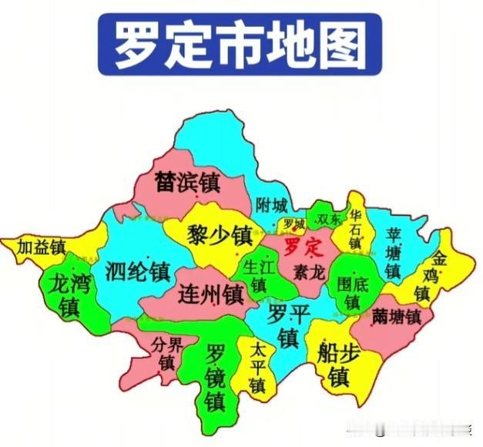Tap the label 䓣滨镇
[187, 182]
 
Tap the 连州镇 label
[210, 294]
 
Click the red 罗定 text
[301, 247]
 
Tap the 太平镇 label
[257, 367]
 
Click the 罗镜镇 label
[215, 378]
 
